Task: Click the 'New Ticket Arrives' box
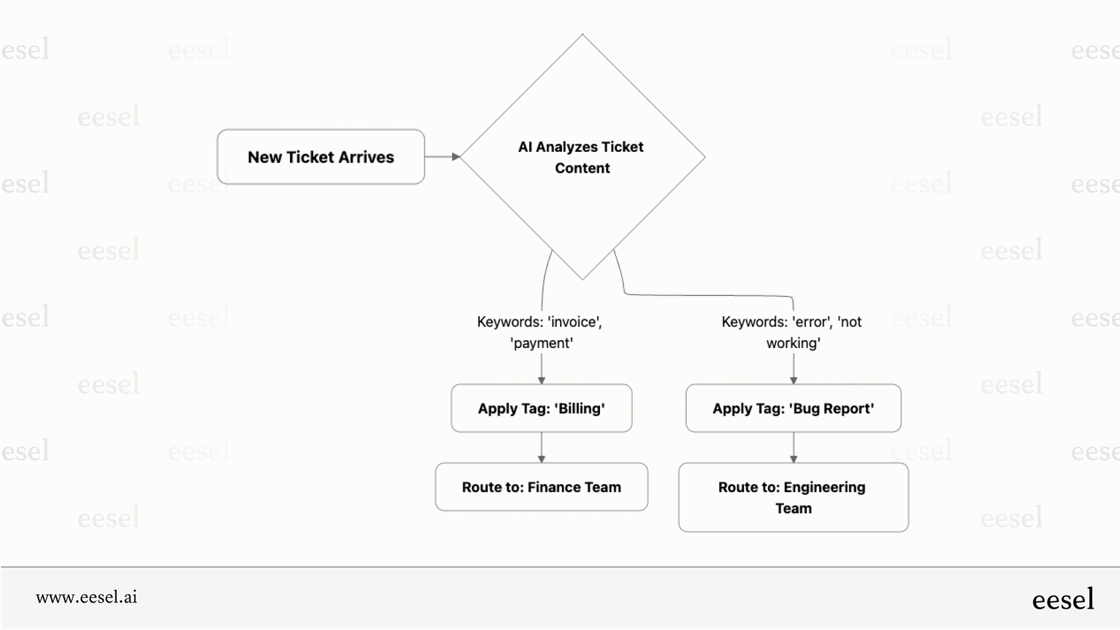(x=321, y=157)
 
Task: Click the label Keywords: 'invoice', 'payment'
(x=540, y=332)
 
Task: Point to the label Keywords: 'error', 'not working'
(x=792, y=332)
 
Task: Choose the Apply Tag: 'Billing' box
(x=541, y=409)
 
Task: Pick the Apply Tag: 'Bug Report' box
(x=793, y=409)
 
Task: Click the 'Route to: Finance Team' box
(x=541, y=487)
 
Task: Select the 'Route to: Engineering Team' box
(x=793, y=497)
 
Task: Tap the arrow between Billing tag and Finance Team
(x=541, y=447)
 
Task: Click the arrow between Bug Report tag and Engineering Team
(x=793, y=447)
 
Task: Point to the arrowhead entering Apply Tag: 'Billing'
(x=541, y=380)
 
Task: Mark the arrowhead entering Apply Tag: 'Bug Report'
(x=793, y=380)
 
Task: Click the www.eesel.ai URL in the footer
(x=87, y=597)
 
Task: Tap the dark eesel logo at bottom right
(x=1063, y=599)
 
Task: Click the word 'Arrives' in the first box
(x=366, y=157)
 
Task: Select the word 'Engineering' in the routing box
(x=824, y=487)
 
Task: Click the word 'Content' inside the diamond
(x=582, y=168)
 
